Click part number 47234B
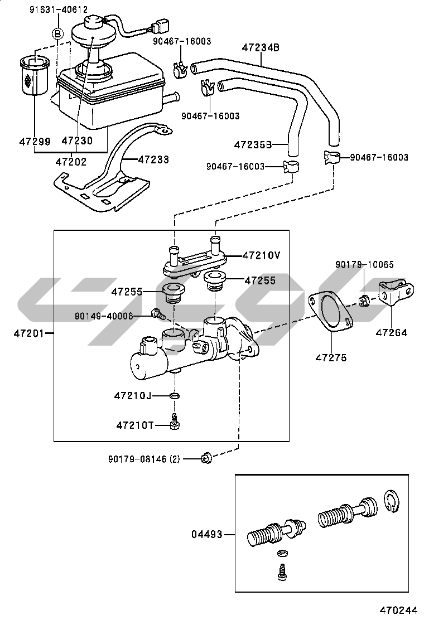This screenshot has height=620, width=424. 261,48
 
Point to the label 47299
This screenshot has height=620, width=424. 35,142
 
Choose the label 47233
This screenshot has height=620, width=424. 153,159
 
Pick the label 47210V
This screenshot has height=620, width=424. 261,255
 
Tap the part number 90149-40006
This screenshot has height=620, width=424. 104,316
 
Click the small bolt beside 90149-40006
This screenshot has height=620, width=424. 157,314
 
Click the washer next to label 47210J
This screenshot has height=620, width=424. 175,396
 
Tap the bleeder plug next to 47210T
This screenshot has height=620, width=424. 175,423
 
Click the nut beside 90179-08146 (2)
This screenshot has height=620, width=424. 206,458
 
